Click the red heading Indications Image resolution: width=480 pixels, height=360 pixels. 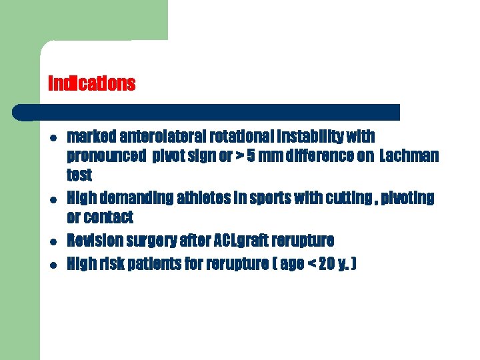pos(92,84)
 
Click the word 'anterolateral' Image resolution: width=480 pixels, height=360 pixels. pos(153,137)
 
